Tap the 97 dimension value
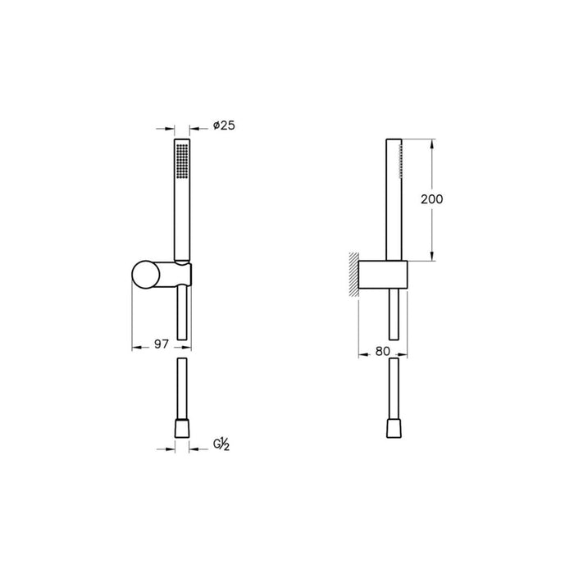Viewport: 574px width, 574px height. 162,345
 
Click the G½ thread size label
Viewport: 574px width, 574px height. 222,445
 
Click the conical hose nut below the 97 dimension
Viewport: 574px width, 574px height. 182,429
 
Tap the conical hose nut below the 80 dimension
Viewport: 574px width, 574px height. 394,429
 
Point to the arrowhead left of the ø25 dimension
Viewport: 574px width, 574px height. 171,128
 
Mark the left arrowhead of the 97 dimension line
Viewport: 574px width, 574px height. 137,345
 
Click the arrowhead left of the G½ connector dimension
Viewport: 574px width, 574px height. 171,449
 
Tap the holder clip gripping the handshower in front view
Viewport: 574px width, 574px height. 186,274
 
